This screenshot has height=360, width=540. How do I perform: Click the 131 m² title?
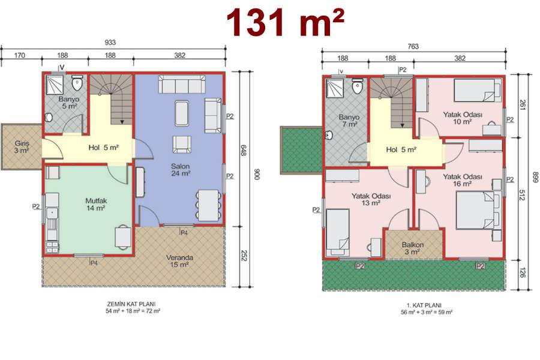(x=285, y=22)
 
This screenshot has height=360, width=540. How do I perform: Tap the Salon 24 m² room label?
(x=181, y=169)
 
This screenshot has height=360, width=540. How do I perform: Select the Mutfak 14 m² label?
(x=96, y=204)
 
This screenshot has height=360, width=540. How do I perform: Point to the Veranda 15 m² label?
(x=179, y=261)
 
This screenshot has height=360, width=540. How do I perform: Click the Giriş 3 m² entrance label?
(x=22, y=147)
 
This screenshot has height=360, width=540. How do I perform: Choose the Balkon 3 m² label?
(x=413, y=248)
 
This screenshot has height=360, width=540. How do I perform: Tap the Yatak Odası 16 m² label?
(x=462, y=180)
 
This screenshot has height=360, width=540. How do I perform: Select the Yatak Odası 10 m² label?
(x=462, y=118)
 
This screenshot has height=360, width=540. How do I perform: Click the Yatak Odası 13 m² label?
(x=371, y=199)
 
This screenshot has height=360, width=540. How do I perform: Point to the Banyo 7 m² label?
(x=349, y=121)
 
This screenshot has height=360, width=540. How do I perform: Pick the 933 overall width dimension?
(x=110, y=43)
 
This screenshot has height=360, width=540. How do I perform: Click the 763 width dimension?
(x=413, y=46)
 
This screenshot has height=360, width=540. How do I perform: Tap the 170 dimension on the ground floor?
(x=20, y=55)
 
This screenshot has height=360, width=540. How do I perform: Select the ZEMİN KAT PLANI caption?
(x=131, y=304)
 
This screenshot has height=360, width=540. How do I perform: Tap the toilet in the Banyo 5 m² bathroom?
(x=77, y=83)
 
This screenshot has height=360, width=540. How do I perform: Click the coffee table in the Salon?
(x=181, y=113)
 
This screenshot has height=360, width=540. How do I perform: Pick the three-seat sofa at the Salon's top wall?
(x=182, y=85)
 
